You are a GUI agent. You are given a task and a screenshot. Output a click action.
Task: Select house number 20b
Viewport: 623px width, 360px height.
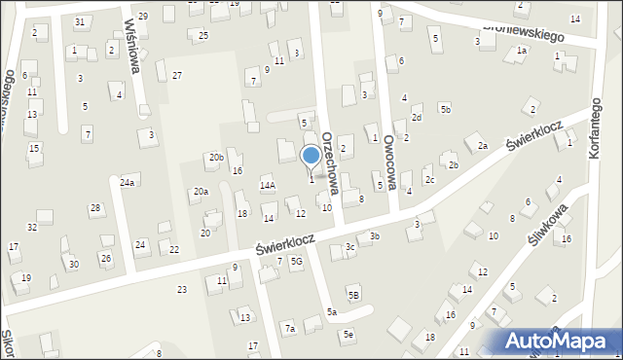[216, 157]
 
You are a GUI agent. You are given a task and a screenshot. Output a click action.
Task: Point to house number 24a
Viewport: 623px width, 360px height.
[128, 182]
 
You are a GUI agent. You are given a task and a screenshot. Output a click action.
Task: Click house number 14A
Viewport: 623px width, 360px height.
[267, 185]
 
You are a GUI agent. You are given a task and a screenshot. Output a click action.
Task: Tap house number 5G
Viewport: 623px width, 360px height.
[297, 262]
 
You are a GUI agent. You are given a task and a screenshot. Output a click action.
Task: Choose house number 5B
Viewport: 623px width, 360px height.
[354, 294]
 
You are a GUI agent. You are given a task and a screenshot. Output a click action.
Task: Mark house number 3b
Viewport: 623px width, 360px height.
[374, 235]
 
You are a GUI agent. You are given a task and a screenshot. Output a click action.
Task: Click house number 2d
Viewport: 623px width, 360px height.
[417, 117]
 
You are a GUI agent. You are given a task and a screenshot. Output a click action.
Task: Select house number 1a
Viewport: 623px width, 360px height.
[522, 50]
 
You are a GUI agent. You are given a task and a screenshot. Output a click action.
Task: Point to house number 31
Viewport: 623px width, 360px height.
[80, 21]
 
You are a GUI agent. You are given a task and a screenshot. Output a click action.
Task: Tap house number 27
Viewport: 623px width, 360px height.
[176, 75]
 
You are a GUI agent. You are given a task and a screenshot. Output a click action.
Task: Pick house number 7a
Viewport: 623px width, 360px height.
[289, 329]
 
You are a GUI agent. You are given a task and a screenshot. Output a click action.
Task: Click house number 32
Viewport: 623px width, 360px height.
[32, 227]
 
